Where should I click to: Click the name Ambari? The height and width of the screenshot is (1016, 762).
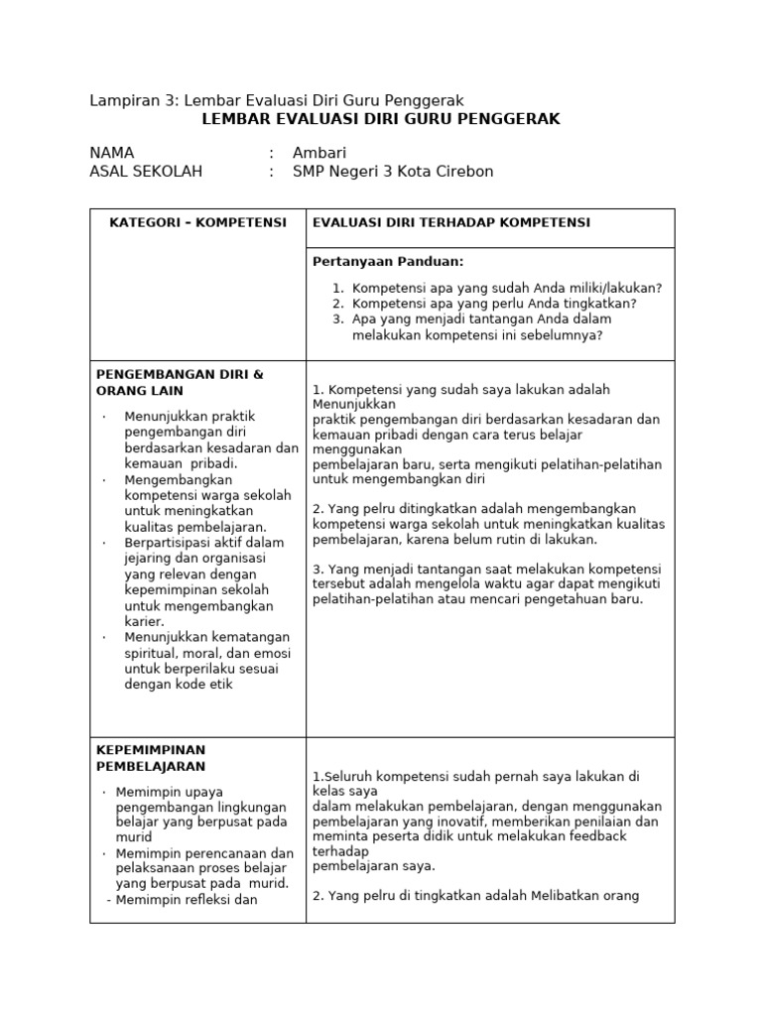[x=318, y=153]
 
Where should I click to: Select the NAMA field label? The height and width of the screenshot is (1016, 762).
[x=111, y=153]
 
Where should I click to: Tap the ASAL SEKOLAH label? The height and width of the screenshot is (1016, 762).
[x=145, y=172]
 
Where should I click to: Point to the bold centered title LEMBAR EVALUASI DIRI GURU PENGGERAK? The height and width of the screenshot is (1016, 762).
[x=381, y=119]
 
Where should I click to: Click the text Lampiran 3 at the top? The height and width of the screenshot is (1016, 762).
[x=128, y=100]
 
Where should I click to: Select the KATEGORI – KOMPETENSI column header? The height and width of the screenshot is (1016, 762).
[x=197, y=222]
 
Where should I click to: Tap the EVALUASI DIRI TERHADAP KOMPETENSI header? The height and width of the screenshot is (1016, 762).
[x=450, y=222]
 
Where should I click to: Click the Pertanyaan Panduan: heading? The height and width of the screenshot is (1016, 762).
[x=388, y=262]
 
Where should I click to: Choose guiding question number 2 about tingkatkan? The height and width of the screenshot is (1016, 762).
[x=494, y=304]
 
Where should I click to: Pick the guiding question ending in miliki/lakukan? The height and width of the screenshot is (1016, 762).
[x=507, y=288]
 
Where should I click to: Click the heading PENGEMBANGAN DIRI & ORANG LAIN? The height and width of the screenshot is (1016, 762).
[x=180, y=382]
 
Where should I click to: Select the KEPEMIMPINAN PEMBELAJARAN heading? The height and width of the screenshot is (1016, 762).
[x=151, y=758]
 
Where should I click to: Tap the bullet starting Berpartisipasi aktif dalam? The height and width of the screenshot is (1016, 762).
[x=203, y=543]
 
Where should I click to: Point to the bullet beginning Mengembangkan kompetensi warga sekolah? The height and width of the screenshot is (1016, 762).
[x=208, y=479]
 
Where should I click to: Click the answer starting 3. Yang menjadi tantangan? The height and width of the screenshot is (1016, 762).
[x=486, y=569]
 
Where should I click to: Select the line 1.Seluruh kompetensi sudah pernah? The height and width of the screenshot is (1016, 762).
[x=474, y=776]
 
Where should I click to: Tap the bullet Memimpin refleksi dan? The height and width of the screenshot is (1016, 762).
[x=187, y=900]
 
